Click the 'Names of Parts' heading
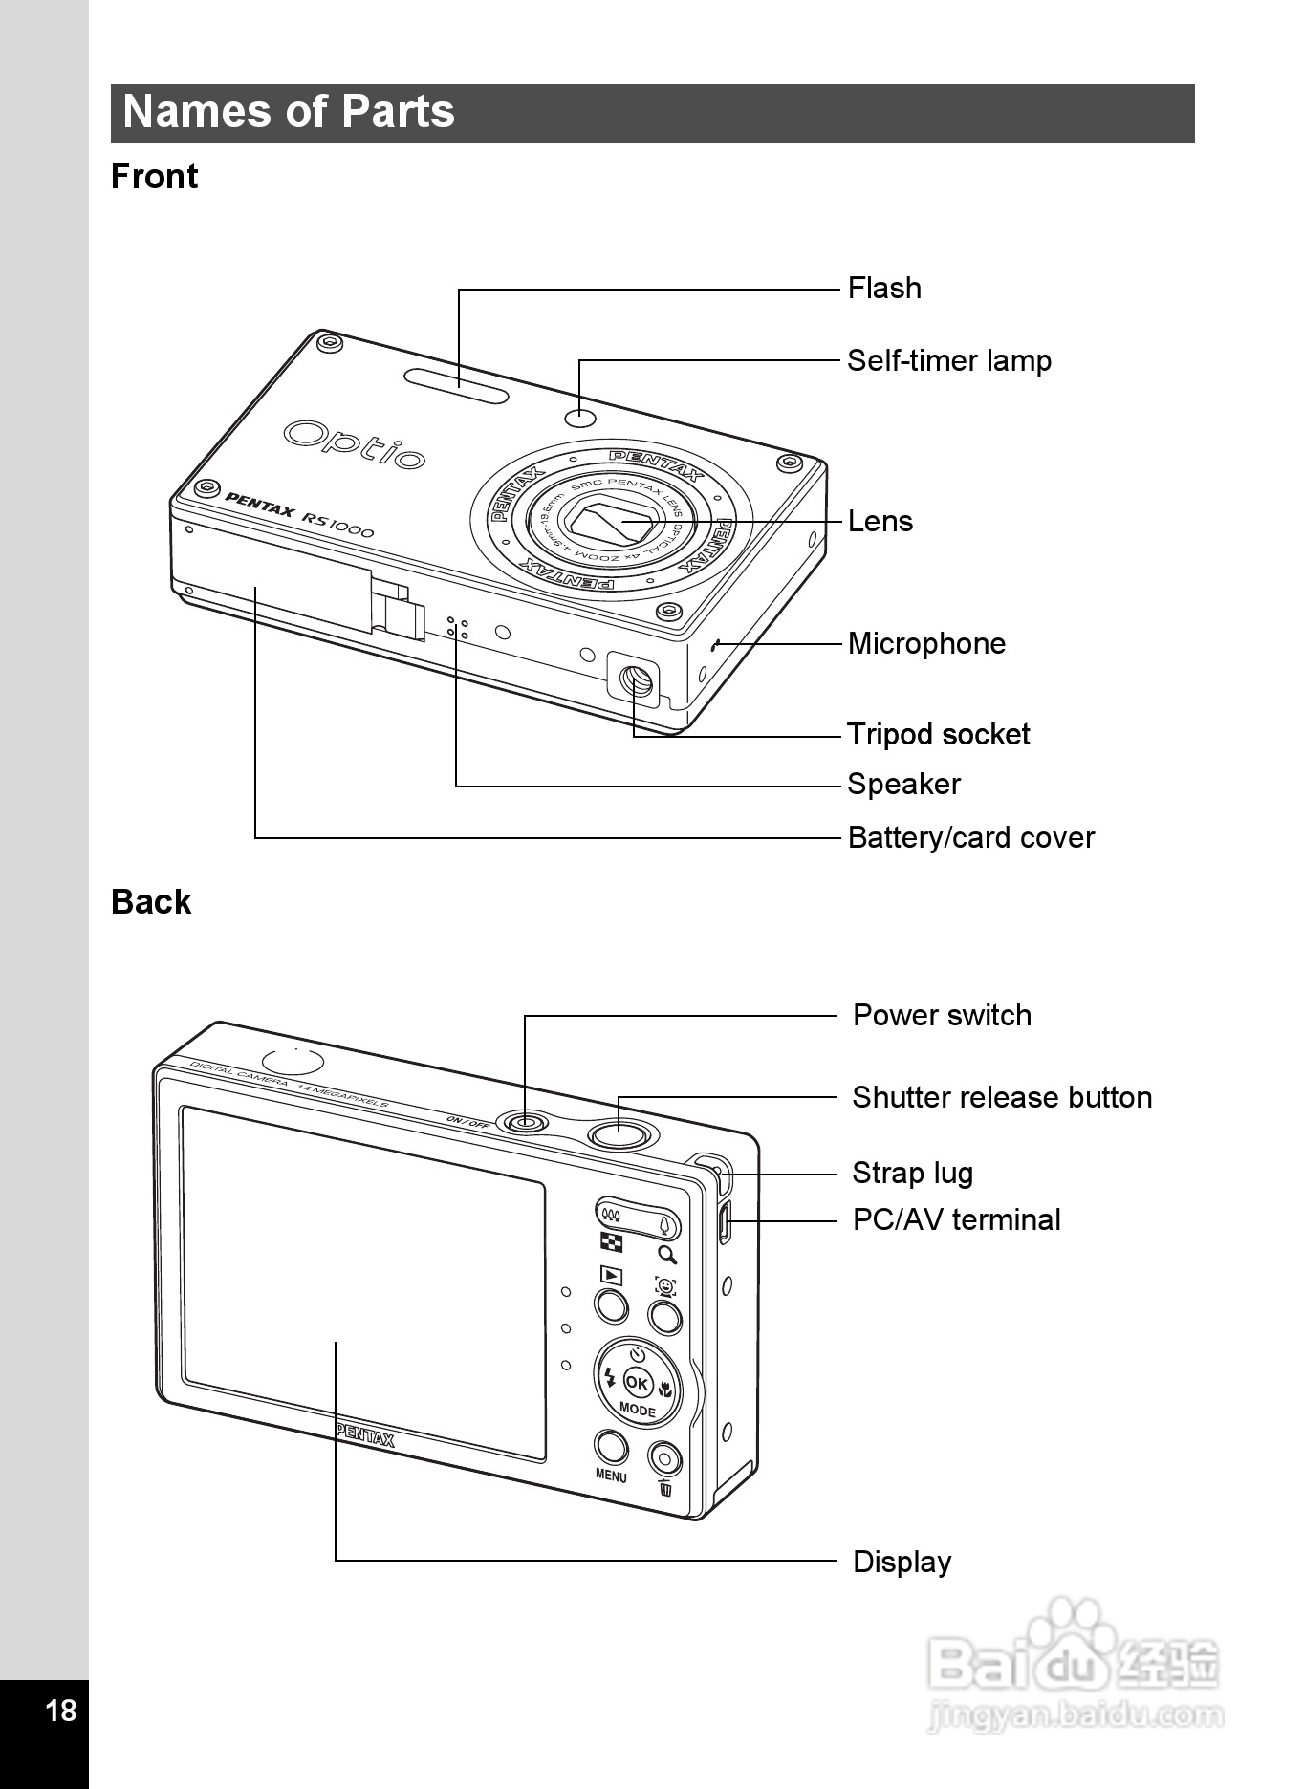tap(289, 112)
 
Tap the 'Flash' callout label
tap(884, 289)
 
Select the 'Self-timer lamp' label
tap(949, 361)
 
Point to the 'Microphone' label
tap(926, 643)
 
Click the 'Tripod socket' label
tap(939, 734)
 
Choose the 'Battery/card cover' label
tap(971, 838)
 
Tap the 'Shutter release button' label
tap(1002, 1097)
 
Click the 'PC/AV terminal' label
tap(957, 1220)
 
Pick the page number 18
tap(61, 1710)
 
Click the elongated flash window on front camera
tap(456, 386)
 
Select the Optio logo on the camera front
tap(354, 444)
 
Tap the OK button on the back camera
tap(637, 1383)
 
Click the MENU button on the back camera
tap(611, 1448)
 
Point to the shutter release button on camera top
tap(620, 1134)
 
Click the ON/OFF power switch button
tap(525, 1121)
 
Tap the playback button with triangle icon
tap(611, 1276)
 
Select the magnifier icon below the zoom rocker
tap(667, 1255)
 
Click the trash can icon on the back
tap(665, 1488)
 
